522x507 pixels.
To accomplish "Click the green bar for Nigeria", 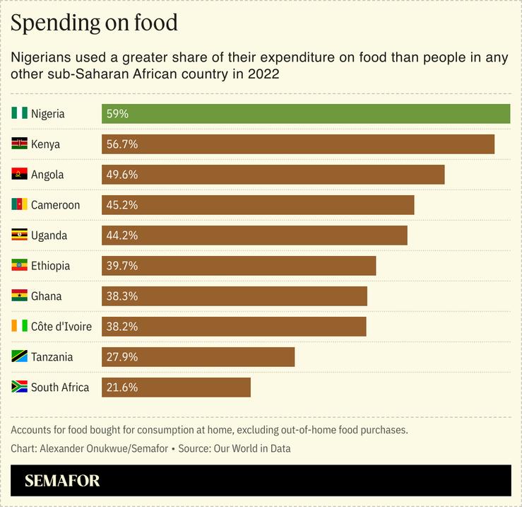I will [x=305, y=114].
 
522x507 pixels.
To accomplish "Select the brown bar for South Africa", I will [x=176, y=387].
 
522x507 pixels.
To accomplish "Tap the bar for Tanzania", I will [x=198, y=357].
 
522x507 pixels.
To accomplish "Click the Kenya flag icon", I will [x=19, y=144].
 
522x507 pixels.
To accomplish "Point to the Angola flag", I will [x=19, y=175].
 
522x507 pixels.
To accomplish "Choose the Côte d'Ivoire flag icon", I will [x=19, y=327].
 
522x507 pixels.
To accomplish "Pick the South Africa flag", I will [x=19, y=387].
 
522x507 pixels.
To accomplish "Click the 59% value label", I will [x=117, y=114].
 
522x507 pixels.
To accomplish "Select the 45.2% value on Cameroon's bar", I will [x=121, y=205].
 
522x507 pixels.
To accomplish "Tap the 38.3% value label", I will [x=121, y=296].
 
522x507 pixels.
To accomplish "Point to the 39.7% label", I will [x=121, y=266].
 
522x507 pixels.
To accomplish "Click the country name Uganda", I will [x=49, y=235].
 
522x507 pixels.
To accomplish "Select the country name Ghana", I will [x=46, y=296].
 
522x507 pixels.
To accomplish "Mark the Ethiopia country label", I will [x=50, y=266].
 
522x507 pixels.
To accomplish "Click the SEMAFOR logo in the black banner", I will [x=62, y=481].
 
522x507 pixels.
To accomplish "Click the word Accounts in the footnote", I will [x=32, y=430].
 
